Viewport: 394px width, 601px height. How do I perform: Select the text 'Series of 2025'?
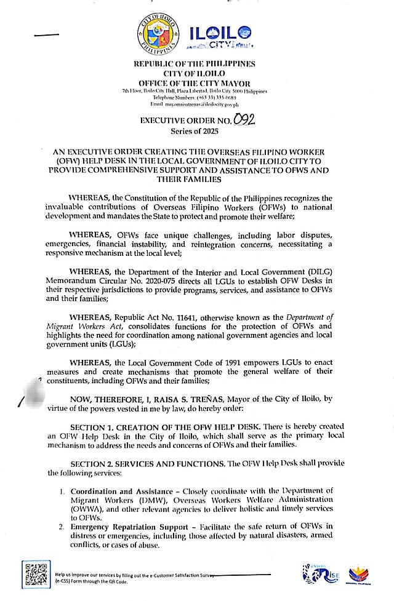196,131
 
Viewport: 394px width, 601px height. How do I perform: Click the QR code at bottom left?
36,575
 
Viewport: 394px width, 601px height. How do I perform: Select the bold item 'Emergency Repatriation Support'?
124,527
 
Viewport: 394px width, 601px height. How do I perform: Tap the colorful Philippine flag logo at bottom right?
360,573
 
